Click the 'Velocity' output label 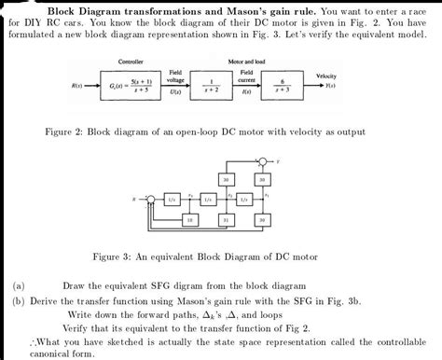click(x=326, y=76)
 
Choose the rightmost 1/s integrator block click(x=243, y=199)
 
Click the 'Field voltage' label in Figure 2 click(x=175, y=76)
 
